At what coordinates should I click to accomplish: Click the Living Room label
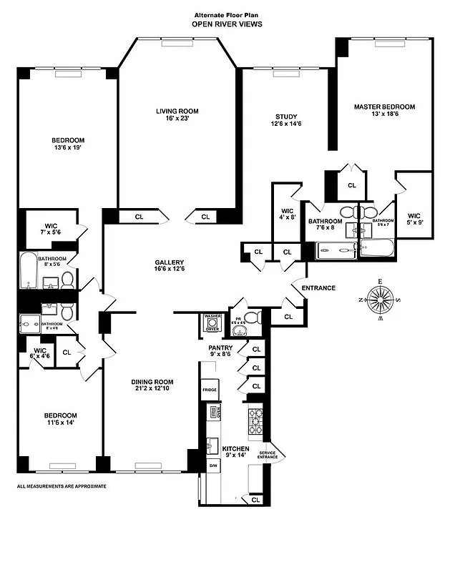[x=177, y=115]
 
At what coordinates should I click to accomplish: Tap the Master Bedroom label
[x=384, y=111]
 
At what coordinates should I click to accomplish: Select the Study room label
[x=286, y=121]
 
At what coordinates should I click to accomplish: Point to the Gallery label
[x=170, y=265]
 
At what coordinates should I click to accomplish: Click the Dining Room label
[x=153, y=385]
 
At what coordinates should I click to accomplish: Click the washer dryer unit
[x=212, y=324]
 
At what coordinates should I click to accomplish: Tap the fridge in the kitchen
[x=210, y=390]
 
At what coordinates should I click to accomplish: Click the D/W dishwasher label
[x=212, y=465]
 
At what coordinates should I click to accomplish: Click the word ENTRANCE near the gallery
[x=318, y=288]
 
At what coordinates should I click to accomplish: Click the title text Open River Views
[x=227, y=24]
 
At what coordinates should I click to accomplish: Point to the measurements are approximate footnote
[x=62, y=485]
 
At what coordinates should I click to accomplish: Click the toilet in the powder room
[x=250, y=318]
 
